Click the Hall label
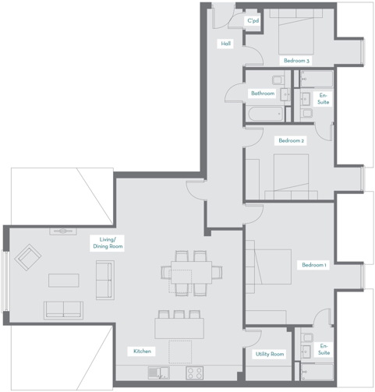[x=226, y=44]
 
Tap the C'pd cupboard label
[x=253, y=21]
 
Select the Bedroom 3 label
[x=296, y=61]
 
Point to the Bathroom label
[x=262, y=94]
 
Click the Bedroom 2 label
[x=291, y=141]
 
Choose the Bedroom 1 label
[x=314, y=266]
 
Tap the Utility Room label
[x=270, y=354]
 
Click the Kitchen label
[x=142, y=351]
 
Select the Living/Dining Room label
[x=106, y=242]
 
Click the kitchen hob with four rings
[x=193, y=371]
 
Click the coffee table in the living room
[x=62, y=279]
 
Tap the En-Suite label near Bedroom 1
[x=324, y=348]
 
